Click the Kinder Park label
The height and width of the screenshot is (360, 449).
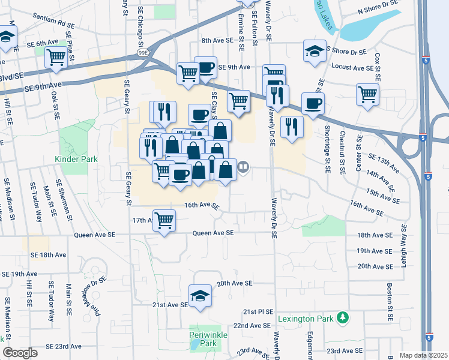click(x=76, y=159)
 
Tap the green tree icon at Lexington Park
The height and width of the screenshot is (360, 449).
click(x=343, y=317)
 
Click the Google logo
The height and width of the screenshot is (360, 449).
click(x=20, y=353)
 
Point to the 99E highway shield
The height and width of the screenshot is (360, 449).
click(x=145, y=53)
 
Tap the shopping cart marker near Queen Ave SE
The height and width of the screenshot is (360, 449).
click(x=164, y=220)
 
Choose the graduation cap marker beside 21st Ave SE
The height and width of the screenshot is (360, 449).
click(x=200, y=296)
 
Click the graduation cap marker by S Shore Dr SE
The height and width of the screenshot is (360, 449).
click(x=314, y=51)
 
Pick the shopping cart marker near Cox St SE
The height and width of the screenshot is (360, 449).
click(x=367, y=94)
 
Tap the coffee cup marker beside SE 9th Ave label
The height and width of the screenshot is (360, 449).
click(x=205, y=67)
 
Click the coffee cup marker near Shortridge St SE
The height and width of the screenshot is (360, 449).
click(x=312, y=103)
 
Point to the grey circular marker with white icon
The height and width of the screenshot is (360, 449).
click(x=244, y=167)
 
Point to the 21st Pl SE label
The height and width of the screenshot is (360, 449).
click(x=258, y=313)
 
